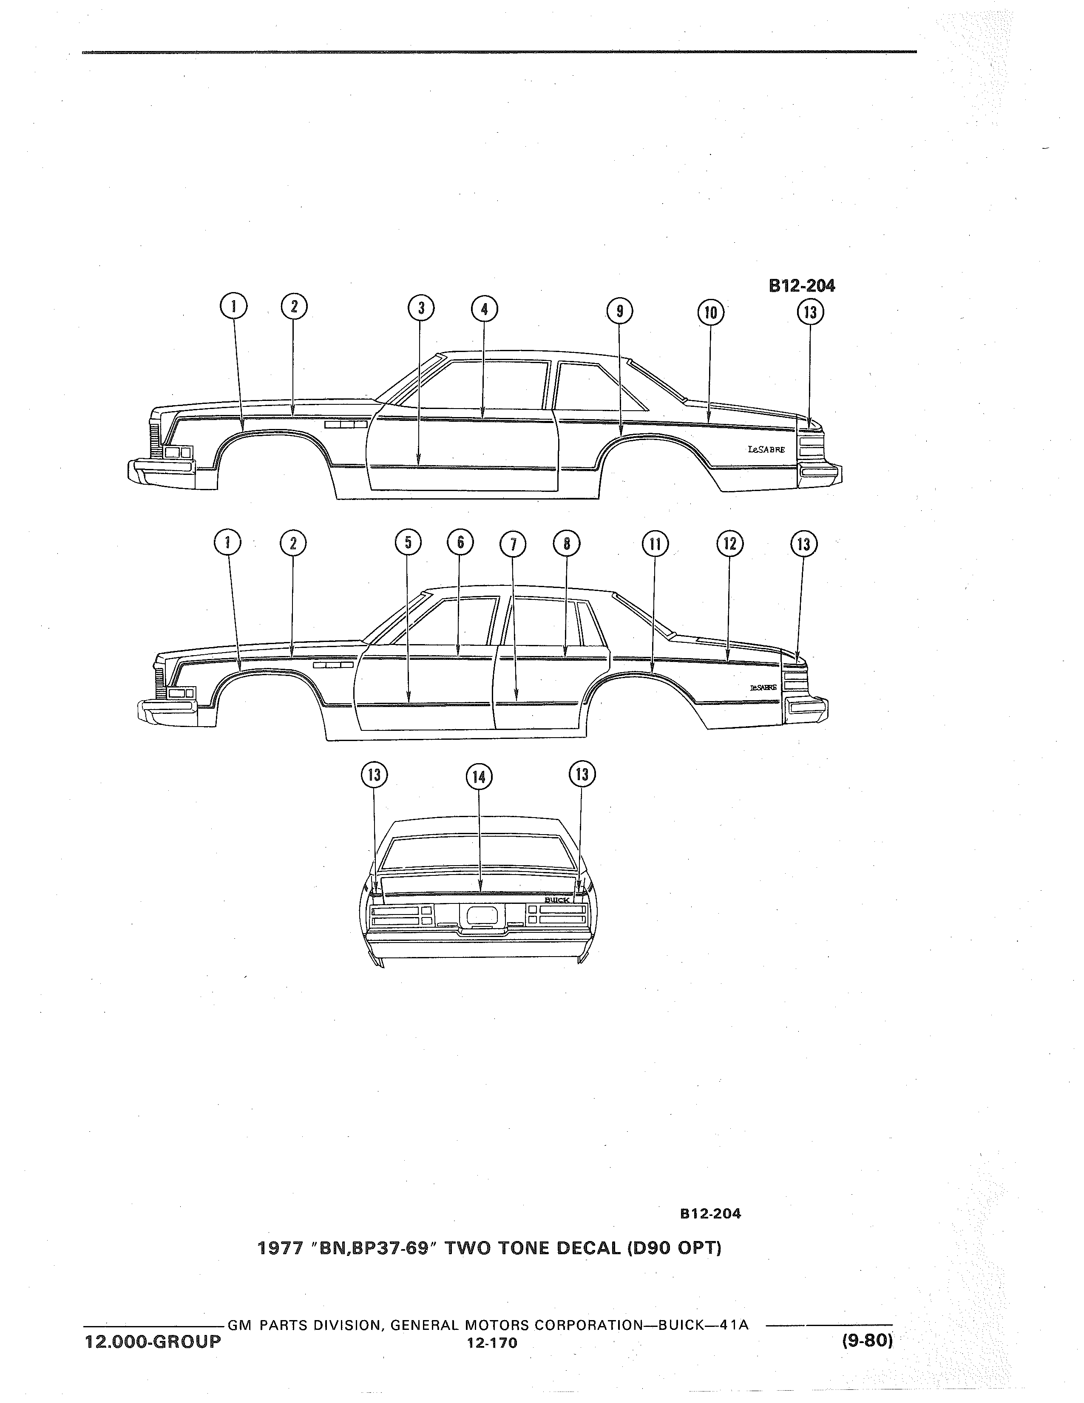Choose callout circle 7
click(x=513, y=545)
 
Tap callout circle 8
click(x=566, y=544)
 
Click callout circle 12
click(x=729, y=544)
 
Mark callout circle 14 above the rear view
click(x=478, y=777)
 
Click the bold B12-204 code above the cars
click(x=802, y=286)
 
